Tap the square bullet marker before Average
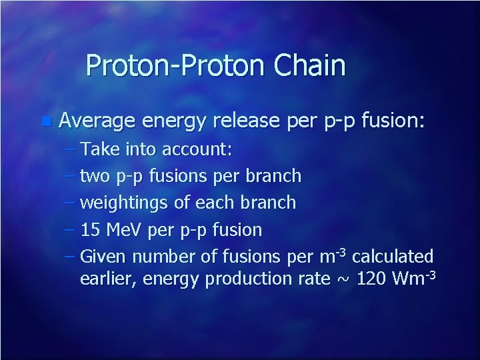coord(45,122)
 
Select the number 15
coord(90,230)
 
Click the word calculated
coord(393,257)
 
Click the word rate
coord(311,279)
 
